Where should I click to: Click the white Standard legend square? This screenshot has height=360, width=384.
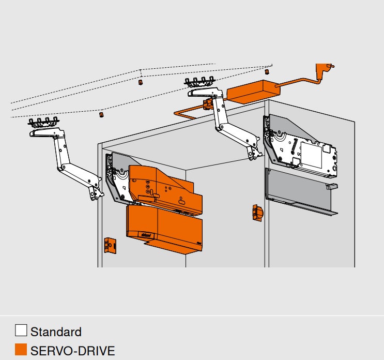point(21,331)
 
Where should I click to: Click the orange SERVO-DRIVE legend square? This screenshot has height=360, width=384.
point(21,349)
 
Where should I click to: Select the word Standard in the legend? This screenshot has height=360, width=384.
point(56,332)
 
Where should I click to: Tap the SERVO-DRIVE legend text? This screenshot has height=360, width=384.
point(72,351)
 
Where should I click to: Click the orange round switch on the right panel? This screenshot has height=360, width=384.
point(257,213)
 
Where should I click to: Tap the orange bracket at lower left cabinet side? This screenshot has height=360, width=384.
point(110,245)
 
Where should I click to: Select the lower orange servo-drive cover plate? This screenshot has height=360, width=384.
point(164,229)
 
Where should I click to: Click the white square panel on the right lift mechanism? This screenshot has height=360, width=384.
point(311,155)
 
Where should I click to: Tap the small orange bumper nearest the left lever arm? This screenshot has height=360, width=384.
point(101,115)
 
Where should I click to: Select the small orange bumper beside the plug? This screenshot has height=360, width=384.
point(267,72)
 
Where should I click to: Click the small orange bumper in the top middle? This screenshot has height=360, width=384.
point(141,82)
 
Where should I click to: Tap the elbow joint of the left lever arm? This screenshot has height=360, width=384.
point(61,168)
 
